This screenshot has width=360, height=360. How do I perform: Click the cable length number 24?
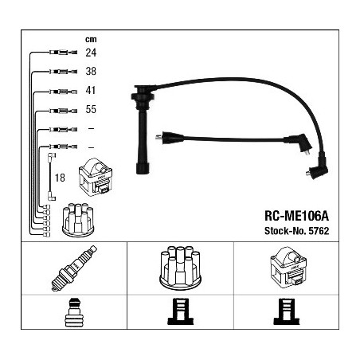[x=91, y=53]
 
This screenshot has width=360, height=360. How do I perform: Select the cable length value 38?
[x=91, y=71]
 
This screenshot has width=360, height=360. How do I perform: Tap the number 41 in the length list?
[x=91, y=90]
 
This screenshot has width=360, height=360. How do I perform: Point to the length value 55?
[x=91, y=109]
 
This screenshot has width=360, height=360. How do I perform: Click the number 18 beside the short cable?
[x=60, y=178]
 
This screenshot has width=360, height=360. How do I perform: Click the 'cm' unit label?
[x=91, y=40]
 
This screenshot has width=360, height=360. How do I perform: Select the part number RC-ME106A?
[x=296, y=216]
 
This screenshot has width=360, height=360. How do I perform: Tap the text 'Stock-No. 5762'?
[x=296, y=231]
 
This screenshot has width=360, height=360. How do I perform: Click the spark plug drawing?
[x=74, y=268]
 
